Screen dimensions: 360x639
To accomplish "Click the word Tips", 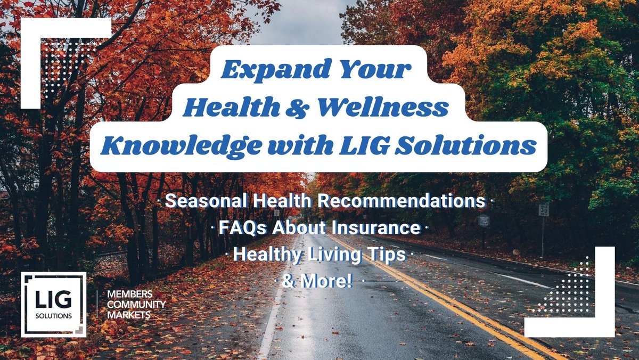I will [387, 255].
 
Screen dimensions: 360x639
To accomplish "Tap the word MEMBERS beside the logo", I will [130, 294].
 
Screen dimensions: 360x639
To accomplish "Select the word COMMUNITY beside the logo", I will [136, 305].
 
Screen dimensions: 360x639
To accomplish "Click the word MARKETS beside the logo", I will [128, 315].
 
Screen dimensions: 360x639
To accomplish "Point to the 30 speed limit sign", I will [543, 210].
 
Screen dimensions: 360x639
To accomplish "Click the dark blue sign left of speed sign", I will [484, 220].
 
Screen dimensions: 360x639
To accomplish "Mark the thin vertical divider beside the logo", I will [96, 305].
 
